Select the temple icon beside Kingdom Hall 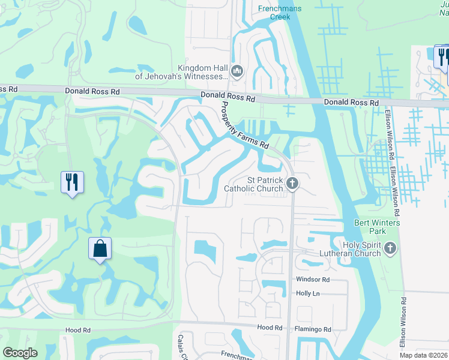237,72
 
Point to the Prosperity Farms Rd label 243,125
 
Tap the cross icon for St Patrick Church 292,184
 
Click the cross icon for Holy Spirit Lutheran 390,248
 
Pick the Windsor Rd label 313,280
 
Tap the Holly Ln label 308,293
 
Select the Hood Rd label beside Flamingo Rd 270,328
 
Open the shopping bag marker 100,249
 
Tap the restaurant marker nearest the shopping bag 72,182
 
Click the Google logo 20,353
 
